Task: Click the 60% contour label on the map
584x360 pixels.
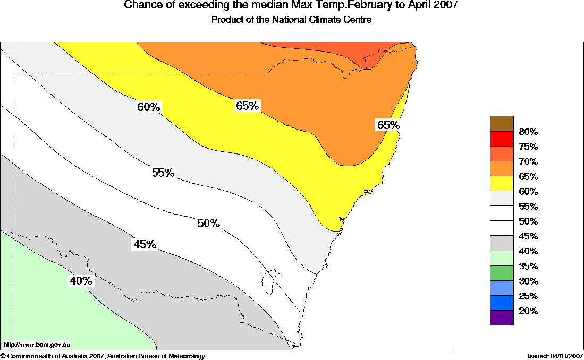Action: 149,107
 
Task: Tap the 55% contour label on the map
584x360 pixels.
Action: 163,173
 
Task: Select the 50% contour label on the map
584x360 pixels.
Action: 208,224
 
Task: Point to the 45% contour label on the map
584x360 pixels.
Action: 145,244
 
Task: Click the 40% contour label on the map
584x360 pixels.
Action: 81,281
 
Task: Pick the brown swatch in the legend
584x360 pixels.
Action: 502,123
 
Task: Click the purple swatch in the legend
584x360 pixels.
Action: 502,318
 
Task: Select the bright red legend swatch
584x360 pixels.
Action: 502,138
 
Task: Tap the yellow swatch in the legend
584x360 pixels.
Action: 502,183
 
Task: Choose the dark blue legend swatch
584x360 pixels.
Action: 502,303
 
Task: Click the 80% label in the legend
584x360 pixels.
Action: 528,132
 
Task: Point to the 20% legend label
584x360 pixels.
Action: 528,311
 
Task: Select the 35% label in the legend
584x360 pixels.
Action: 528,266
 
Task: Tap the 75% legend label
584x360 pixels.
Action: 528,147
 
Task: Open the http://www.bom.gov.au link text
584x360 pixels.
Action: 37,345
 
